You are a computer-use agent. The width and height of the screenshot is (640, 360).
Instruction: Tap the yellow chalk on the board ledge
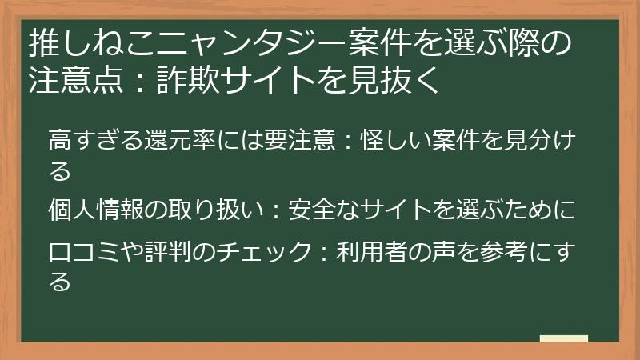pos(563,338)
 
